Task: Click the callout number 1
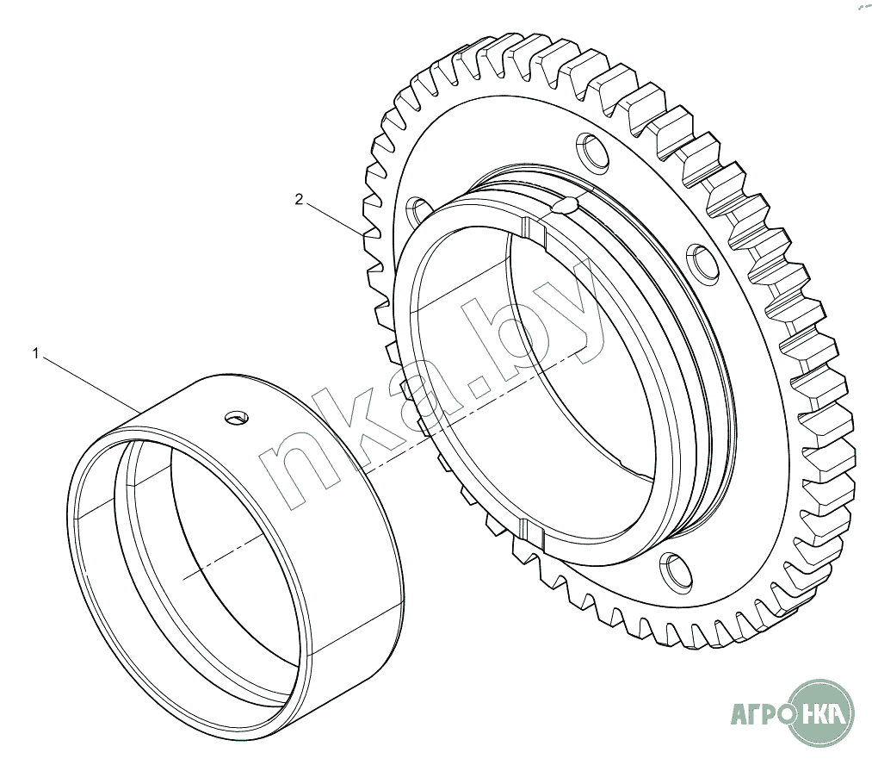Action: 36,353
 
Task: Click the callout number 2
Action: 300,199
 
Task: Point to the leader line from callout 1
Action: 92,385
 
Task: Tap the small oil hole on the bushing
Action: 237,417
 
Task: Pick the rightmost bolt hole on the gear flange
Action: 703,260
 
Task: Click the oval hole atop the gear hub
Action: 566,206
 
